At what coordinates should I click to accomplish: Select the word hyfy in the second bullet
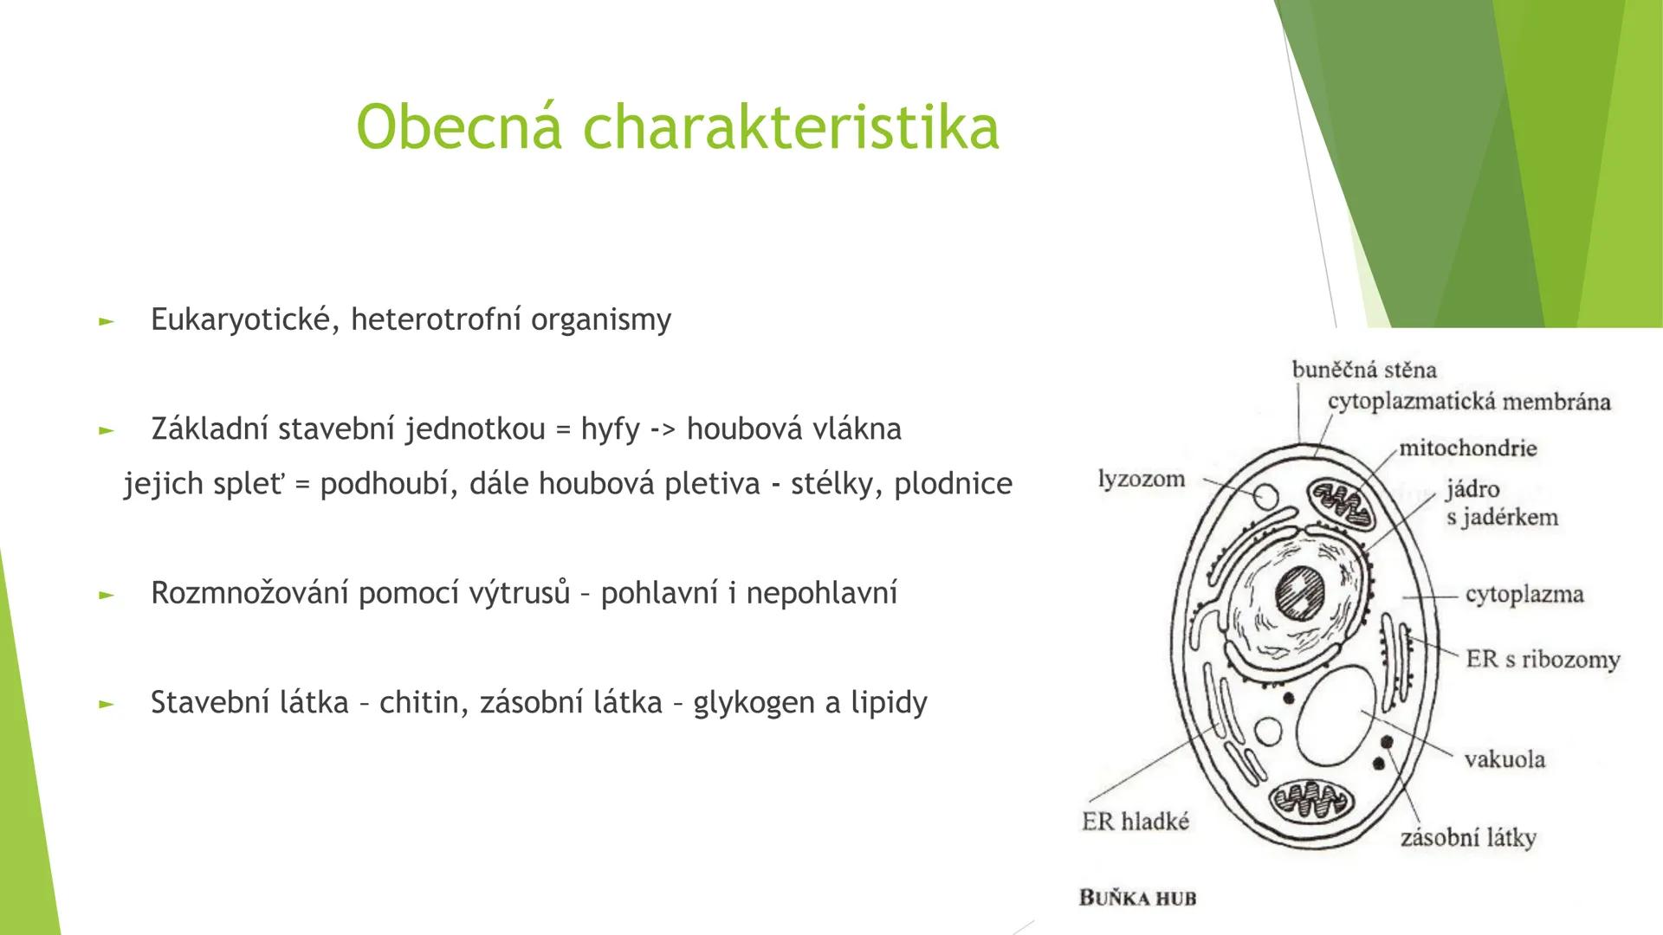pyautogui.click(x=610, y=429)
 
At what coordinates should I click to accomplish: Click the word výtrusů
pyautogui.click(x=520, y=594)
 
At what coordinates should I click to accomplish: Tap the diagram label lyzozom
pyautogui.click(x=1141, y=479)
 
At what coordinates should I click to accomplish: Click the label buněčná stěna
pyautogui.click(x=1363, y=371)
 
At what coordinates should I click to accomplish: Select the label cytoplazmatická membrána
pyautogui.click(x=1468, y=403)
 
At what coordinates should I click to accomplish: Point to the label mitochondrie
pyautogui.click(x=1467, y=448)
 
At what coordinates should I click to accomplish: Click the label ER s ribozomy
pyautogui.click(x=1542, y=660)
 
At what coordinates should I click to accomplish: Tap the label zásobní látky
pyautogui.click(x=1467, y=838)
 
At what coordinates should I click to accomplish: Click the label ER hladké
pyautogui.click(x=1136, y=822)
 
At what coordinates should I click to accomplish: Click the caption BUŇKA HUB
pyautogui.click(x=1136, y=898)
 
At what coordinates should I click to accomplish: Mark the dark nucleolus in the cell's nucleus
pyautogui.click(x=1301, y=594)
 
